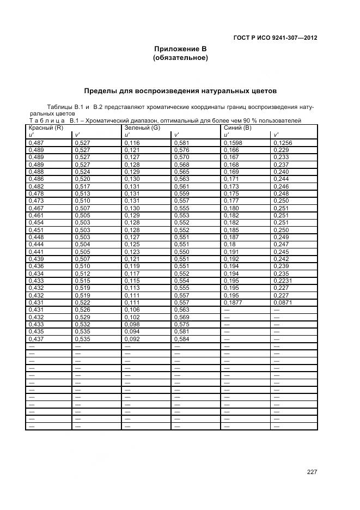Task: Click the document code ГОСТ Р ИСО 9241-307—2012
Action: point(275,38)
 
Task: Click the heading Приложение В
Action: point(180,49)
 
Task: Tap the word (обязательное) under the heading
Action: point(180,58)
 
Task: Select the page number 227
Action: point(312,472)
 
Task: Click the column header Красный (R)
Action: point(42,127)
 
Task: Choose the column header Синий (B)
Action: point(237,127)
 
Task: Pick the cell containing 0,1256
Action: point(283,143)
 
